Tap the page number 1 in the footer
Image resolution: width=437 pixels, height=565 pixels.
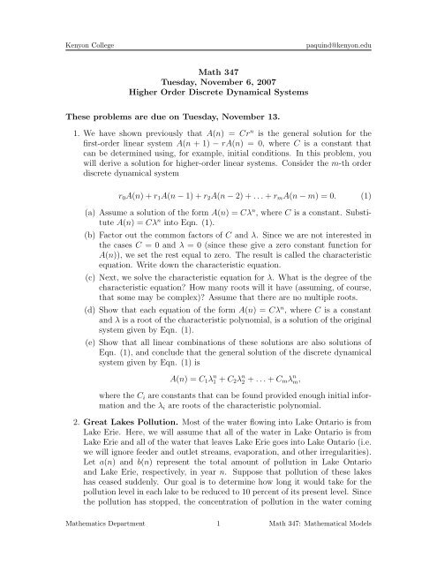point(217,551)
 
